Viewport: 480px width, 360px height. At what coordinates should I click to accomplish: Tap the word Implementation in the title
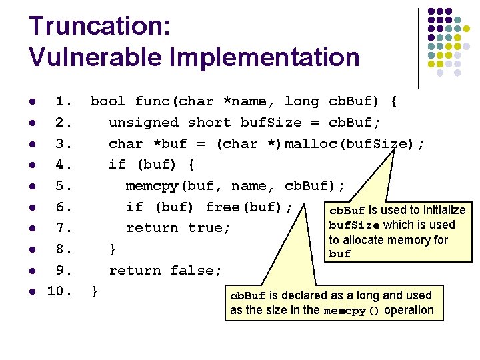(x=261, y=57)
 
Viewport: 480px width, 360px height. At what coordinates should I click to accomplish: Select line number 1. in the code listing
(x=64, y=101)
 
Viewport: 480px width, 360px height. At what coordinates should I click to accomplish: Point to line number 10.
(x=59, y=291)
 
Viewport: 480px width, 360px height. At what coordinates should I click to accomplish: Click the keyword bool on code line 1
(x=108, y=101)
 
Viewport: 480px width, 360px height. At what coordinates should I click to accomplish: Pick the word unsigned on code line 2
(x=143, y=123)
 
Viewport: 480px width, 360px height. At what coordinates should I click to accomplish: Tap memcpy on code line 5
(x=152, y=186)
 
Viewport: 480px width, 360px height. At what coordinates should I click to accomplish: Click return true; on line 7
(x=179, y=228)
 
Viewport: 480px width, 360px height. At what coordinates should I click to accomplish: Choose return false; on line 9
(x=165, y=271)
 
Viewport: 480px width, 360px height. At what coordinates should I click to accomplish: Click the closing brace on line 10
(x=95, y=291)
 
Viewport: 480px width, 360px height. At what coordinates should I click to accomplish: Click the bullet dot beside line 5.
(x=31, y=186)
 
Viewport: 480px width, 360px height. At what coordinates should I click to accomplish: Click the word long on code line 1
(x=302, y=101)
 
